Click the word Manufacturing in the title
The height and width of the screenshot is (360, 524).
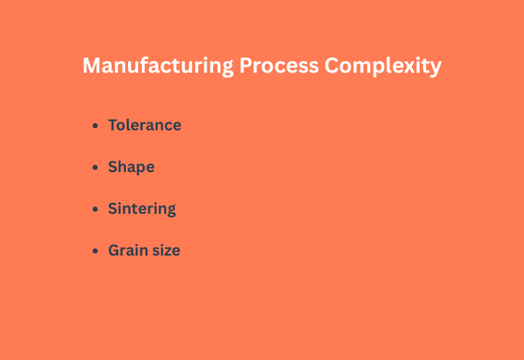pos(158,66)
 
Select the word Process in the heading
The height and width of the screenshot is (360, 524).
pos(279,66)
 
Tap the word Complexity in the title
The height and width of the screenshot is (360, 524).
pos(382,66)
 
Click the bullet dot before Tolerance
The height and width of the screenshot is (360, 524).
pos(96,126)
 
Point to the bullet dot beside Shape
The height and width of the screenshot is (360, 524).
pos(96,168)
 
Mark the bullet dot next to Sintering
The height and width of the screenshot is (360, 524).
pos(96,210)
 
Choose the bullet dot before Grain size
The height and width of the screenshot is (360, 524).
pos(96,251)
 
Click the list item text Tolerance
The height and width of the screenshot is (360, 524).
pos(145,125)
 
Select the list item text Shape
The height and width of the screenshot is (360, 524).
pos(131,167)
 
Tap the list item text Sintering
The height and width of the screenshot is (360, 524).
pos(142,209)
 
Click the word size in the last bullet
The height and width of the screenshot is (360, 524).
pos(166,251)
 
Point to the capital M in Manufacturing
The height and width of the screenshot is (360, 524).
pos(91,66)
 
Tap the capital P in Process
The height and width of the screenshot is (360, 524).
pos(245,66)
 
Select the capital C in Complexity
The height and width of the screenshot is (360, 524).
pos(332,66)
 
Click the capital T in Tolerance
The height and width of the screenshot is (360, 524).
pos(113,125)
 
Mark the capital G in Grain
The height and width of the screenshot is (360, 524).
pos(114,251)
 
